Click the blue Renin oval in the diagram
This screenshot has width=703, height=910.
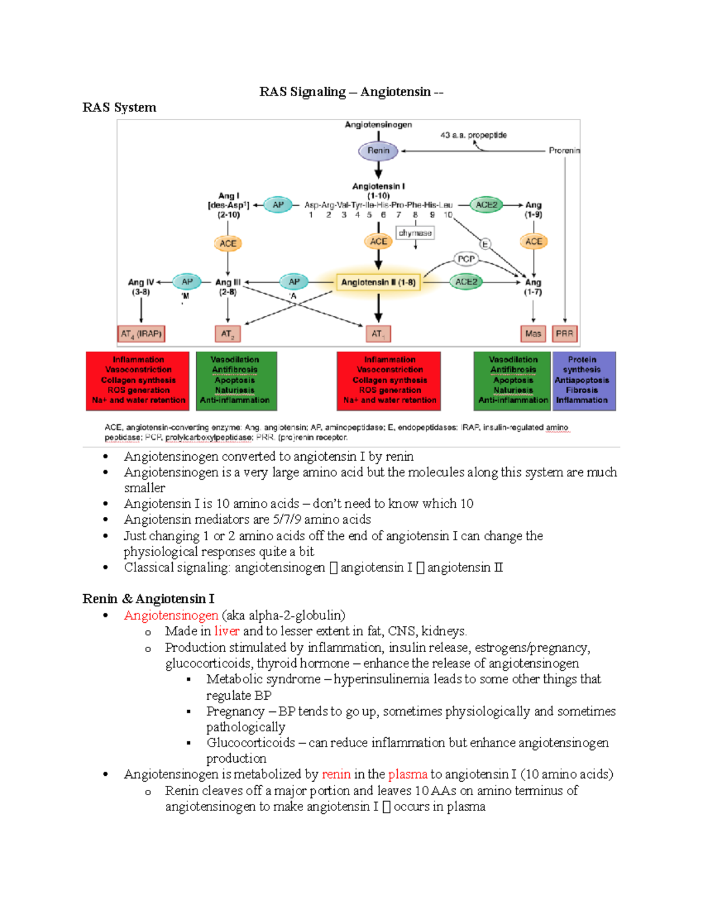(x=378, y=151)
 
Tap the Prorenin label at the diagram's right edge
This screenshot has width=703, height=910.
(x=564, y=151)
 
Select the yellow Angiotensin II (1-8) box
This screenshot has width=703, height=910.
(x=378, y=282)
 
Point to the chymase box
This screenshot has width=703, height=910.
(x=415, y=233)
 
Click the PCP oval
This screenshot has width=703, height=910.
(x=466, y=258)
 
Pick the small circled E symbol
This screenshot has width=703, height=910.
(x=484, y=244)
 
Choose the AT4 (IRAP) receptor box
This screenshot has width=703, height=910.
(x=141, y=334)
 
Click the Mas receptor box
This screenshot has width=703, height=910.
(x=533, y=334)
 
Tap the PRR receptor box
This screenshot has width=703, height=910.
(x=564, y=334)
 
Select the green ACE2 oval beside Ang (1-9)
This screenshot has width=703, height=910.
(x=486, y=205)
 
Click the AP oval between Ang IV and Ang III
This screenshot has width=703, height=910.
(x=187, y=282)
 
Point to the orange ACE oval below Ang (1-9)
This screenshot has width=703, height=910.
(x=533, y=241)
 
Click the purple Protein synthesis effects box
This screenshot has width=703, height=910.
(x=583, y=380)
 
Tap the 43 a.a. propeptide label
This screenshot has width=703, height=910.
(x=473, y=135)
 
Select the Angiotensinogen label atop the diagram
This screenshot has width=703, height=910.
(x=378, y=125)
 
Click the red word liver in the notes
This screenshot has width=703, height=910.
(x=227, y=631)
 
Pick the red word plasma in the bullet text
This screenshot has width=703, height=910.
(x=408, y=774)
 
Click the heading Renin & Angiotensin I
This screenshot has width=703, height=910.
(x=148, y=599)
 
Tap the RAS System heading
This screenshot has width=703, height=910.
(x=120, y=107)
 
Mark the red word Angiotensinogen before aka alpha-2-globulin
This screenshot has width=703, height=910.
(x=171, y=615)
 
